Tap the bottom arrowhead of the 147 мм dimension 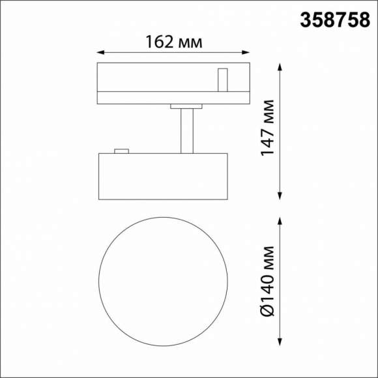coord(280,196)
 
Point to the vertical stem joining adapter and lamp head coord(187,130)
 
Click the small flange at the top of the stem coord(187,106)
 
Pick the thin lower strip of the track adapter coord(173,98)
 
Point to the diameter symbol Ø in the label coord(267,310)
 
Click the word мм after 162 coord(189,43)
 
